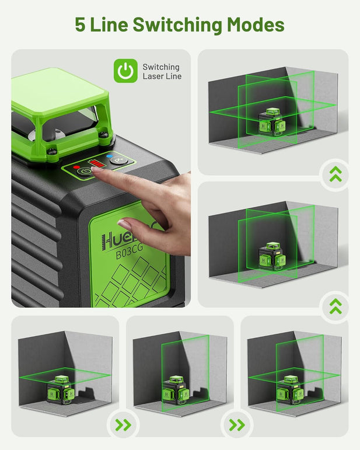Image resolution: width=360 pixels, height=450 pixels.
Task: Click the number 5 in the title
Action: tap(81, 25)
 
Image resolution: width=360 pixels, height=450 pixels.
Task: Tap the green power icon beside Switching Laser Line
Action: tap(124, 71)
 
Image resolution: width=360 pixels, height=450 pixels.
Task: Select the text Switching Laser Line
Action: tap(162, 71)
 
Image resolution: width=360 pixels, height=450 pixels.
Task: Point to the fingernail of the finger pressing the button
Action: tap(124, 224)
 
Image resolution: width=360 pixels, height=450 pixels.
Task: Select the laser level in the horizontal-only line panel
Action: tap(58, 388)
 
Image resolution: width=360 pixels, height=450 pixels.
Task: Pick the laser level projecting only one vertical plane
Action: tap(173, 389)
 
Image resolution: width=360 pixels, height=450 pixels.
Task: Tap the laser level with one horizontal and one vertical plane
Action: tap(288, 389)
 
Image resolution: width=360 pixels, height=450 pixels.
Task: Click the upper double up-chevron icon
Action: tap(335, 173)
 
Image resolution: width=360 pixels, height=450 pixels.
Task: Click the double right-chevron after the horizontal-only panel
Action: tap(123, 424)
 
